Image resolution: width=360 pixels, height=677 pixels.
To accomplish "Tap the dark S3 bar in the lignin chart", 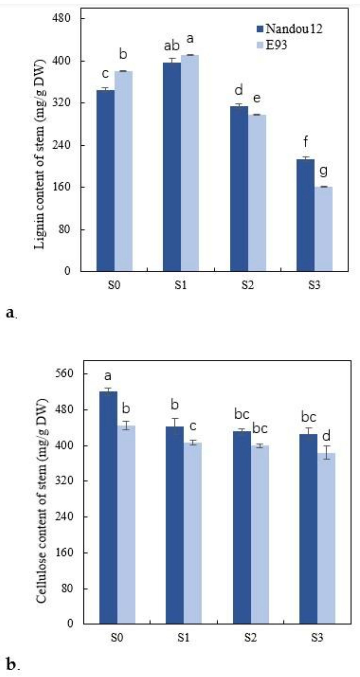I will [x=305, y=215].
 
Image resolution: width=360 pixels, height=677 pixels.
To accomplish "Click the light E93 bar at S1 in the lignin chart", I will [x=190, y=162].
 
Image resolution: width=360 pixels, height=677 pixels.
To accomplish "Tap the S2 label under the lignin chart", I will [x=248, y=285].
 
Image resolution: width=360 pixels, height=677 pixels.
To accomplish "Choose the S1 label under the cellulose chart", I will [x=183, y=637].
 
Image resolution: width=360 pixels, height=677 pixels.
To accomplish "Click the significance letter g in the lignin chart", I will [x=323, y=171].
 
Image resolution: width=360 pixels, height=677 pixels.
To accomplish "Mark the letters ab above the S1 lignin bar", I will [x=172, y=46].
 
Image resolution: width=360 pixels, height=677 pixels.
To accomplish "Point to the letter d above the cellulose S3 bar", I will [x=326, y=436].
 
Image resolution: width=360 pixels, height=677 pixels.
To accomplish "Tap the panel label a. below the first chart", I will [x=11, y=313].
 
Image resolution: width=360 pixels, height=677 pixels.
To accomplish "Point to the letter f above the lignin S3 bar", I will [x=306, y=142].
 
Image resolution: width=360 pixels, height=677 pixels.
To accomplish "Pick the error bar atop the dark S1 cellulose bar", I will [x=174, y=422].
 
